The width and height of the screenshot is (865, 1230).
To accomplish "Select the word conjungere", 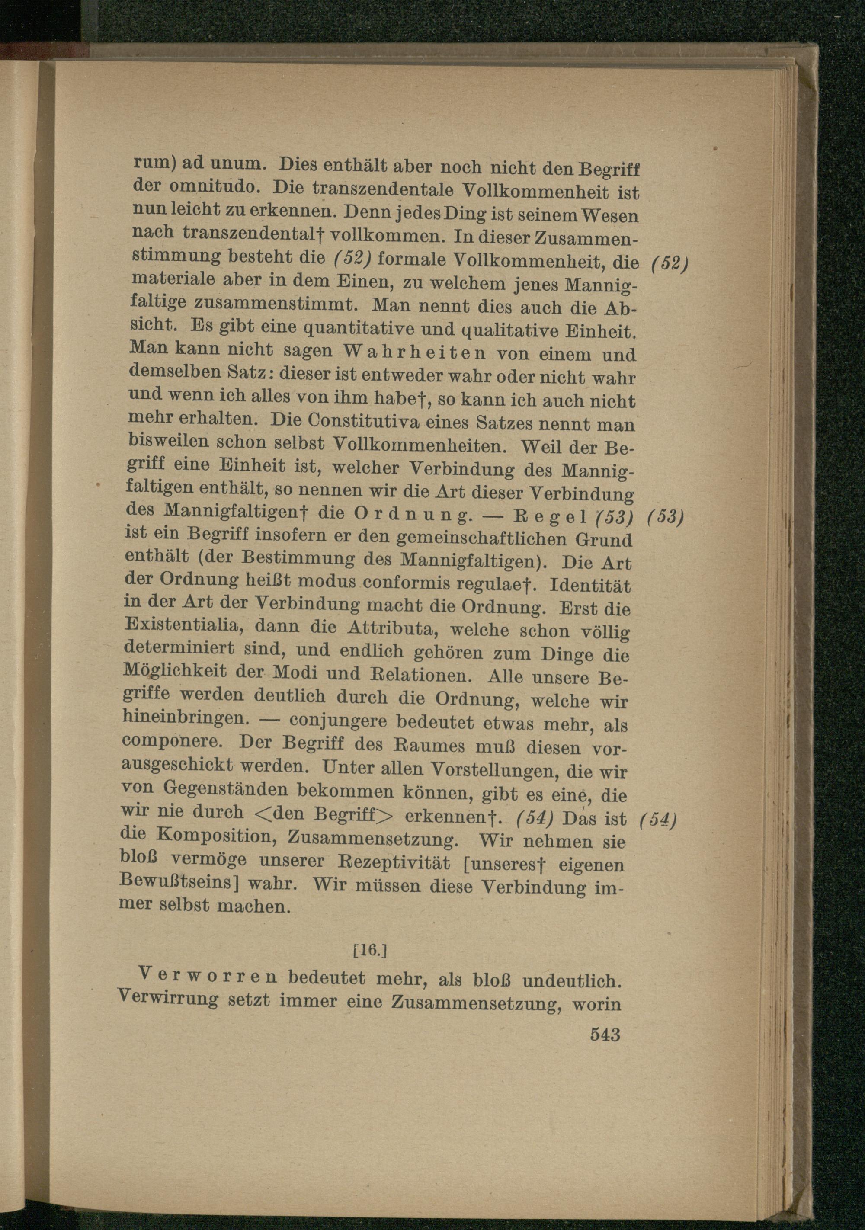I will pyautogui.click(x=338, y=721).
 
